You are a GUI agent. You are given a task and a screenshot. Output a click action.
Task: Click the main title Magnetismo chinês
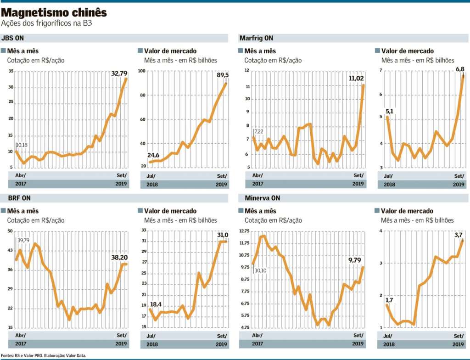click(x=54, y=12)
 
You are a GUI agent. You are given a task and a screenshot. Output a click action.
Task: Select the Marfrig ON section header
click(x=256, y=38)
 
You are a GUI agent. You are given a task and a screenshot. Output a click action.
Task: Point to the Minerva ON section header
click(x=257, y=198)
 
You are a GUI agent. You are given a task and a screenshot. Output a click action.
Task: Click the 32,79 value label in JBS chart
click(x=119, y=73)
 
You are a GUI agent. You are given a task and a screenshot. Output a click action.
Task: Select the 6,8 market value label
click(x=459, y=69)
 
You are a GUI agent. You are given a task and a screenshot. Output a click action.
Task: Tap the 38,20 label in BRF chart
click(x=118, y=258)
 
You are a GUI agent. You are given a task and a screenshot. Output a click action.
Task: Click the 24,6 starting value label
click(x=154, y=155)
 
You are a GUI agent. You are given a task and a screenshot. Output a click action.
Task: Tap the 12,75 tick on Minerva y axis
click(x=245, y=231)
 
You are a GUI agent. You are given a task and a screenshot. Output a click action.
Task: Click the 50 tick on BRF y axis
click(x=10, y=231)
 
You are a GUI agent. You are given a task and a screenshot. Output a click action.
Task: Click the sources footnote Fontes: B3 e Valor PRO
click(x=44, y=355)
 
